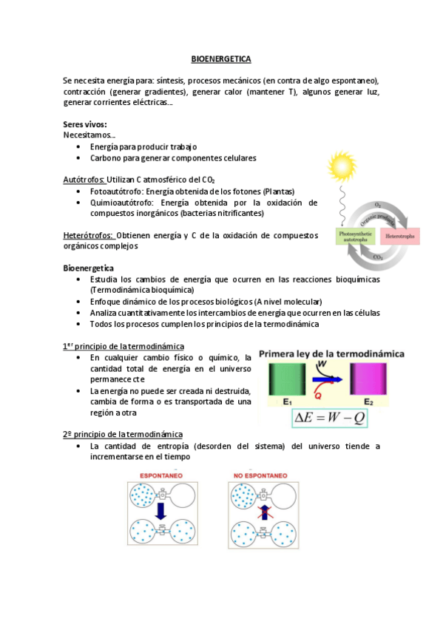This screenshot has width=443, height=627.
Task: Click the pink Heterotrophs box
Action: coord(401,237)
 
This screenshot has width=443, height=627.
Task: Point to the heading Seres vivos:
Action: coord(85,124)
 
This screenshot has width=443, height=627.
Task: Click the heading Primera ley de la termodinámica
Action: coord(331,354)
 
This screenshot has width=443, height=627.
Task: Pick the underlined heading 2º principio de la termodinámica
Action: coord(123,434)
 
